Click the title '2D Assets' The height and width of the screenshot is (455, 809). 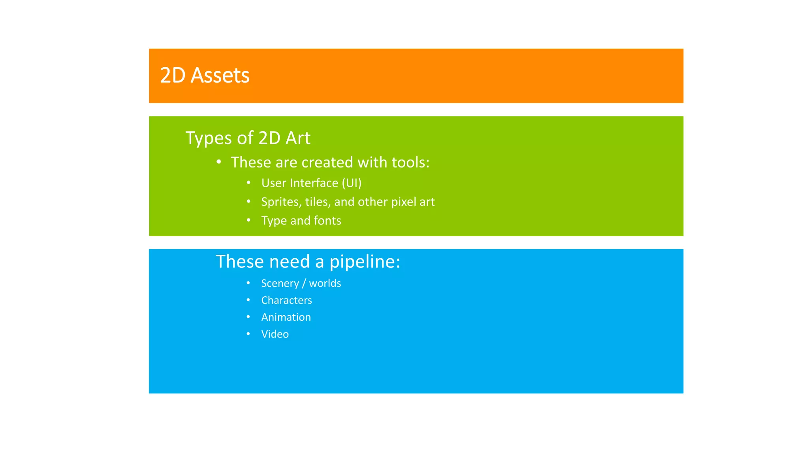point(205,75)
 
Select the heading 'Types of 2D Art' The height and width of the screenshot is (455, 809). point(248,138)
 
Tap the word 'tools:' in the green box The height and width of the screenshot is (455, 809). point(410,162)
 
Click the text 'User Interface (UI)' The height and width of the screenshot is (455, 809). point(311,183)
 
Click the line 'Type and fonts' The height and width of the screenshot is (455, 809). point(301,220)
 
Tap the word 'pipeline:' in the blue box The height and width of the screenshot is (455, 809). point(365,261)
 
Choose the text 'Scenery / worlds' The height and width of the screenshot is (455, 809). point(301,283)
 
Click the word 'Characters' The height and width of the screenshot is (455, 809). point(286,300)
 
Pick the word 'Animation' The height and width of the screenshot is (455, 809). point(286,317)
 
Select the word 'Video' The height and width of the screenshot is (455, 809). point(275,334)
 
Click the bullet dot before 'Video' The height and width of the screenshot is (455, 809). point(248,334)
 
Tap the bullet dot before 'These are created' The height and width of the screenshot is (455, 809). point(219,162)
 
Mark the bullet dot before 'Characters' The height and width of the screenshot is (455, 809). point(248,300)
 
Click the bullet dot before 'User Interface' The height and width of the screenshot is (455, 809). point(248,182)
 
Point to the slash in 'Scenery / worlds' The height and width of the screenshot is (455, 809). point(304,284)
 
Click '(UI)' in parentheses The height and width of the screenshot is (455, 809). point(352,183)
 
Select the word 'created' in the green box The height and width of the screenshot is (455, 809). point(327,162)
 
